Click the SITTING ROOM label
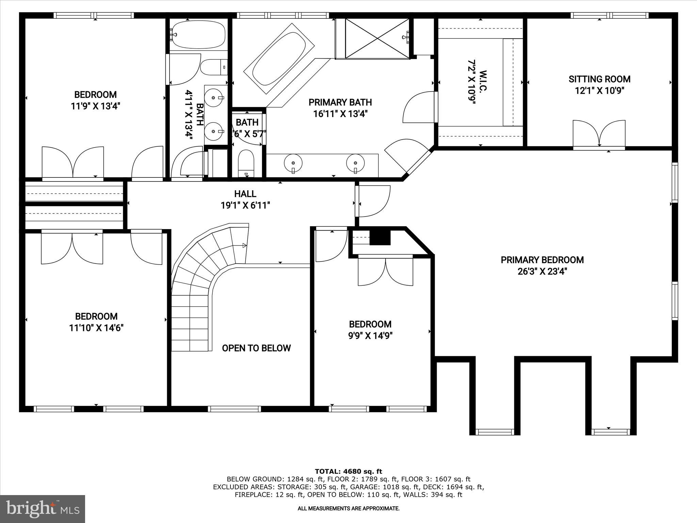coord(599,79)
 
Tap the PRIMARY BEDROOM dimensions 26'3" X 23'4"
coord(542,272)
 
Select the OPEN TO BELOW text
coord(256,348)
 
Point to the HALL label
coord(245,194)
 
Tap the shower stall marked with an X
coord(377,38)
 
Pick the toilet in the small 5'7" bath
coord(246,163)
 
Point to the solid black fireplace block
coord(380,237)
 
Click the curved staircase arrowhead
coord(244,245)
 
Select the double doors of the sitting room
coord(599,134)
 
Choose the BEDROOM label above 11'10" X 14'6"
coord(96,316)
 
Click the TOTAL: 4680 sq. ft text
coord(348,472)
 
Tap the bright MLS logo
coord(43,509)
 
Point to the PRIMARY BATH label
coord(340,102)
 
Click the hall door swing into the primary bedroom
coord(374,201)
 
